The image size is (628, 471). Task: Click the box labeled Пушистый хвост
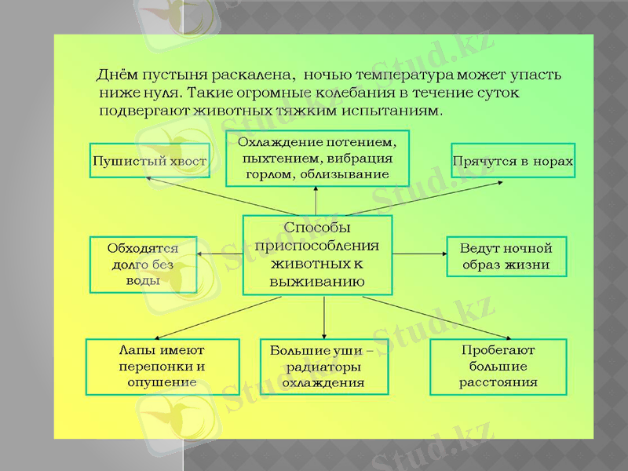pos(150,161)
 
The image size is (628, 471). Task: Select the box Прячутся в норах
pos(513,161)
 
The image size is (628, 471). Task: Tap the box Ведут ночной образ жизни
pos(506,257)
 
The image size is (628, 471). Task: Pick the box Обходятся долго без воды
pos(142,264)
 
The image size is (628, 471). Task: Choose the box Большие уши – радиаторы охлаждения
pos(323,367)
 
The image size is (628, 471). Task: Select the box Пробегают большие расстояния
pos(498,367)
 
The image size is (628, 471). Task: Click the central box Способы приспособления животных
pos(317,254)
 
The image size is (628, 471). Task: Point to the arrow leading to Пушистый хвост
pos(220,195)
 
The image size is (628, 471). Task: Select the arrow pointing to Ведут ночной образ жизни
pos(419,254)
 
